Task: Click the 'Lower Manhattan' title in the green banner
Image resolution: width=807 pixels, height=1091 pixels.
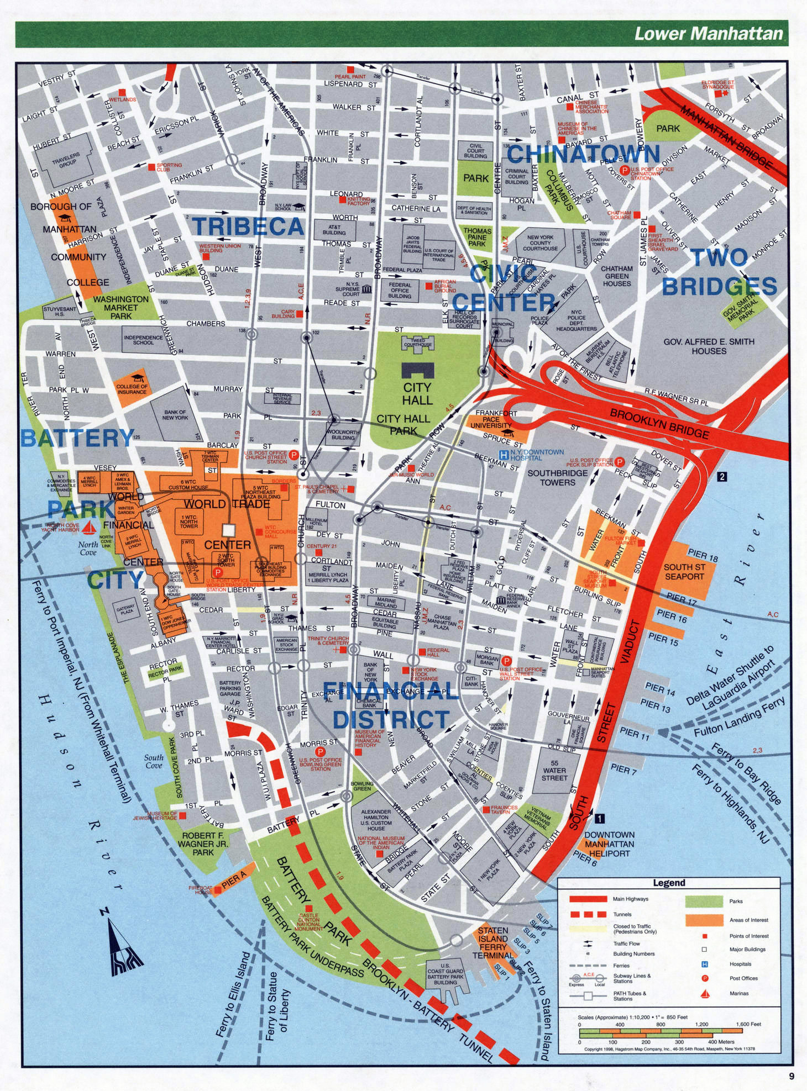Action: pyautogui.click(x=708, y=34)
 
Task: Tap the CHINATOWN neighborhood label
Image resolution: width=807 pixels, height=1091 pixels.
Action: pyautogui.click(x=583, y=154)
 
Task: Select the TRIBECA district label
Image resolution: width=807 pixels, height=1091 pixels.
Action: pyautogui.click(x=248, y=226)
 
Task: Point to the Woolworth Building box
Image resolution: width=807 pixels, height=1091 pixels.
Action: pyautogui.click(x=343, y=435)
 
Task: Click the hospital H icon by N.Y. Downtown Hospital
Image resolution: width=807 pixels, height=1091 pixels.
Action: pyautogui.click(x=504, y=454)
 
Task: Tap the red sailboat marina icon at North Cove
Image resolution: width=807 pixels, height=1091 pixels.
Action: pyautogui.click(x=89, y=529)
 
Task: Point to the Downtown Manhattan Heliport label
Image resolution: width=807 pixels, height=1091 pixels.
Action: pyautogui.click(x=609, y=844)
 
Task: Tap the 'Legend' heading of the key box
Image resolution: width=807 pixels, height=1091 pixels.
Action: pyautogui.click(x=669, y=883)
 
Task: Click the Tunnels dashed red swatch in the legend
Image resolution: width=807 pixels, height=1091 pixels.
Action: pyautogui.click(x=588, y=914)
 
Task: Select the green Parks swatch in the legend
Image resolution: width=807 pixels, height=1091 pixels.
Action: pyautogui.click(x=704, y=901)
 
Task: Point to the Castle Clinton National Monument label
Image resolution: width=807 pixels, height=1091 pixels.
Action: pyautogui.click(x=310, y=923)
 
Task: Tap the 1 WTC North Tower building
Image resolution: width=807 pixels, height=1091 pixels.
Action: pyautogui.click(x=189, y=522)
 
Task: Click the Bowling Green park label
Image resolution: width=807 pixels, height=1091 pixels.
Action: pyautogui.click(x=362, y=786)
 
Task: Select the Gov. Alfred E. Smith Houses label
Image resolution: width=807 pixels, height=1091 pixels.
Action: pyautogui.click(x=709, y=346)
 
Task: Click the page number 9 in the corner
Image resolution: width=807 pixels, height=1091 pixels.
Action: pyautogui.click(x=792, y=1076)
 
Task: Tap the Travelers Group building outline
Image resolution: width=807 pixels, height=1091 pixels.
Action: pyautogui.click(x=65, y=160)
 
